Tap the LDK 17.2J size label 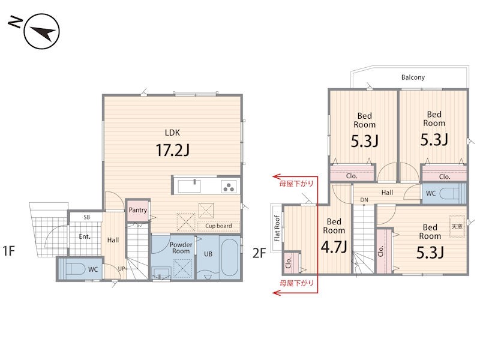173,150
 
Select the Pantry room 138,210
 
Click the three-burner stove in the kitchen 229,187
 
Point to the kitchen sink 190,186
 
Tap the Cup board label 218,226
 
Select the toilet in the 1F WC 76,269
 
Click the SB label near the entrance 86,217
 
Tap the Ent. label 85,236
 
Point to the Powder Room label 181,248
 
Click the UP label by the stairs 122,269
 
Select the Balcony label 413,77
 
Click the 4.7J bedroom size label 334,247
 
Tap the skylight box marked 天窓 457,227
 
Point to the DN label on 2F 364,200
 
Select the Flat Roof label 277,229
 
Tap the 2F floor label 259,253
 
